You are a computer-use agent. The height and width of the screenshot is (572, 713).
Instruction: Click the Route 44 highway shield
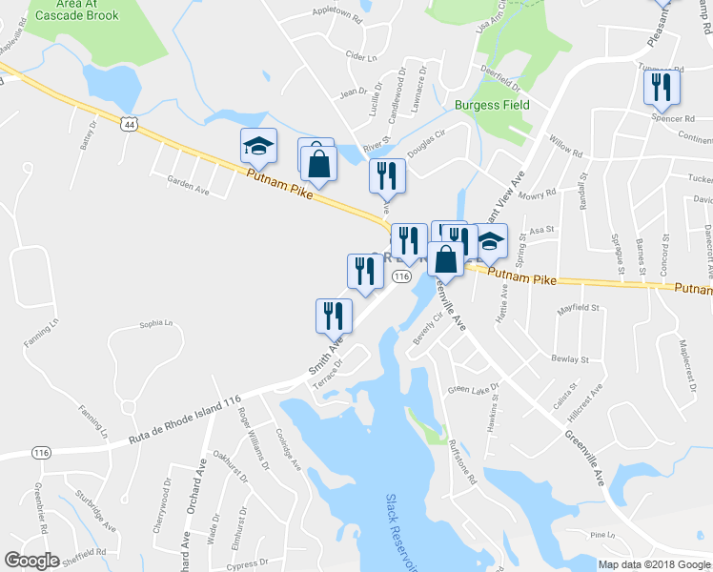[x=130, y=123]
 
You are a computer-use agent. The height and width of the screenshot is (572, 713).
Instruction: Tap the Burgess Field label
[x=493, y=105]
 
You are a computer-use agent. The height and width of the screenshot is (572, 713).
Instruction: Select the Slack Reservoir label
[x=403, y=533]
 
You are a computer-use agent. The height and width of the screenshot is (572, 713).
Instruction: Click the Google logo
[x=31, y=560]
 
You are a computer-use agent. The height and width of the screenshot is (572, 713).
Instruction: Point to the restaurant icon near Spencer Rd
[x=660, y=89]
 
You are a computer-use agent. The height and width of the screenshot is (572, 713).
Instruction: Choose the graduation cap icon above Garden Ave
[x=258, y=146]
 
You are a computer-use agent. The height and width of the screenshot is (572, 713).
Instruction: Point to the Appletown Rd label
[x=338, y=16]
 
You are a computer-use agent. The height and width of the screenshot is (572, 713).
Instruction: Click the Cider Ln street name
[x=362, y=57]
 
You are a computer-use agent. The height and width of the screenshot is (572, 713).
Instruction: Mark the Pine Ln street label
[x=604, y=535]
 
